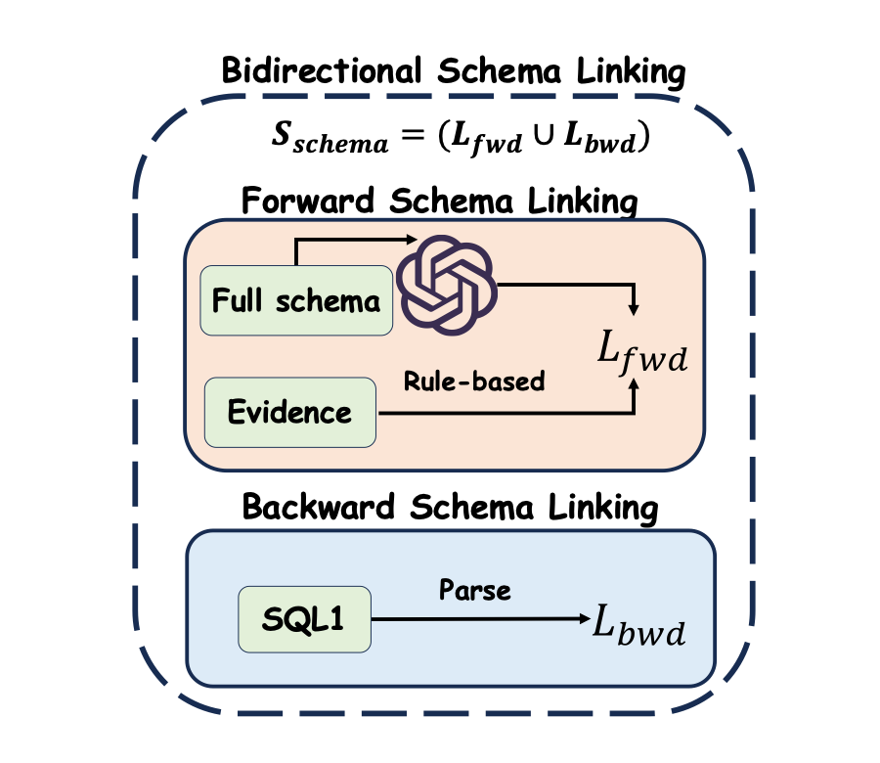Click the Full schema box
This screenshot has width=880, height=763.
click(x=296, y=300)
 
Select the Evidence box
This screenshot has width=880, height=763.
click(x=289, y=412)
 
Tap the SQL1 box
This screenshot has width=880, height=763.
click(x=304, y=619)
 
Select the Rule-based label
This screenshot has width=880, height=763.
click(x=474, y=381)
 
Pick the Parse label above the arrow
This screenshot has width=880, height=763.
click(x=475, y=590)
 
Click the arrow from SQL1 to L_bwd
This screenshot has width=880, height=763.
click(x=479, y=619)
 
